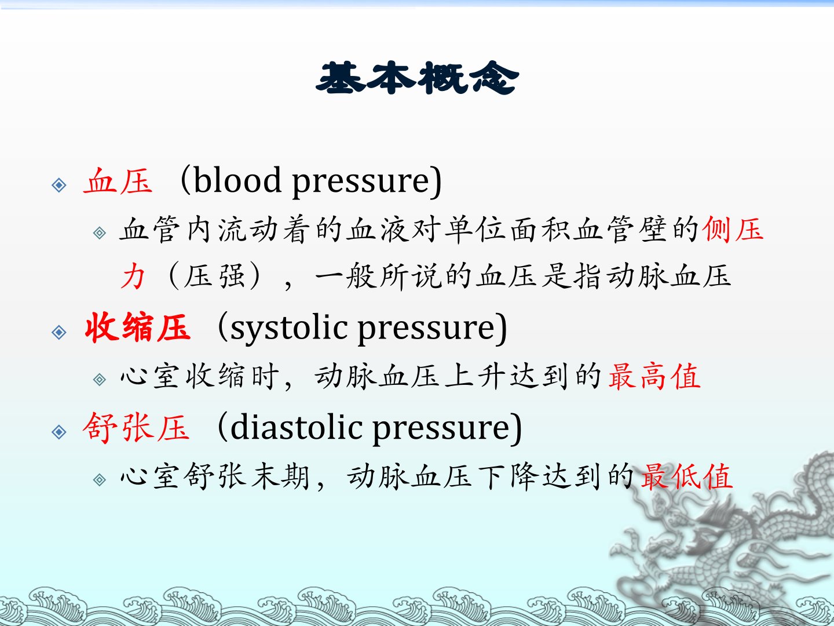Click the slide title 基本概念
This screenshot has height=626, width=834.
[x=417, y=78]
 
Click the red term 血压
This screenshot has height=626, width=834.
[x=118, y=181]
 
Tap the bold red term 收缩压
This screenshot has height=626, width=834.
[x=137, y=327]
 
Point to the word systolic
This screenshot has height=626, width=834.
[x=289, y=328]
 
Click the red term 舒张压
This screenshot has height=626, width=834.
[x=136, y=428]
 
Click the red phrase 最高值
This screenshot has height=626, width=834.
[x=654, y=376]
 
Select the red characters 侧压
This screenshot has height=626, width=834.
[x=733, y=229]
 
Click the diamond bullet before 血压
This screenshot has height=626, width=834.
[x=59, y=185]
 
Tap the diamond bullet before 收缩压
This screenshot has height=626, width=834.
[x=59, y=332]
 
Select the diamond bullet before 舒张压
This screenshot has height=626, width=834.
[x=59, y=432]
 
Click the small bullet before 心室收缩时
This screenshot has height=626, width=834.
[x=100, y=379]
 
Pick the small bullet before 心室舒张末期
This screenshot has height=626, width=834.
[x=100, y=480]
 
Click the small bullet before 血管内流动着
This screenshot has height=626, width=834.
[x=100, y=233]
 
